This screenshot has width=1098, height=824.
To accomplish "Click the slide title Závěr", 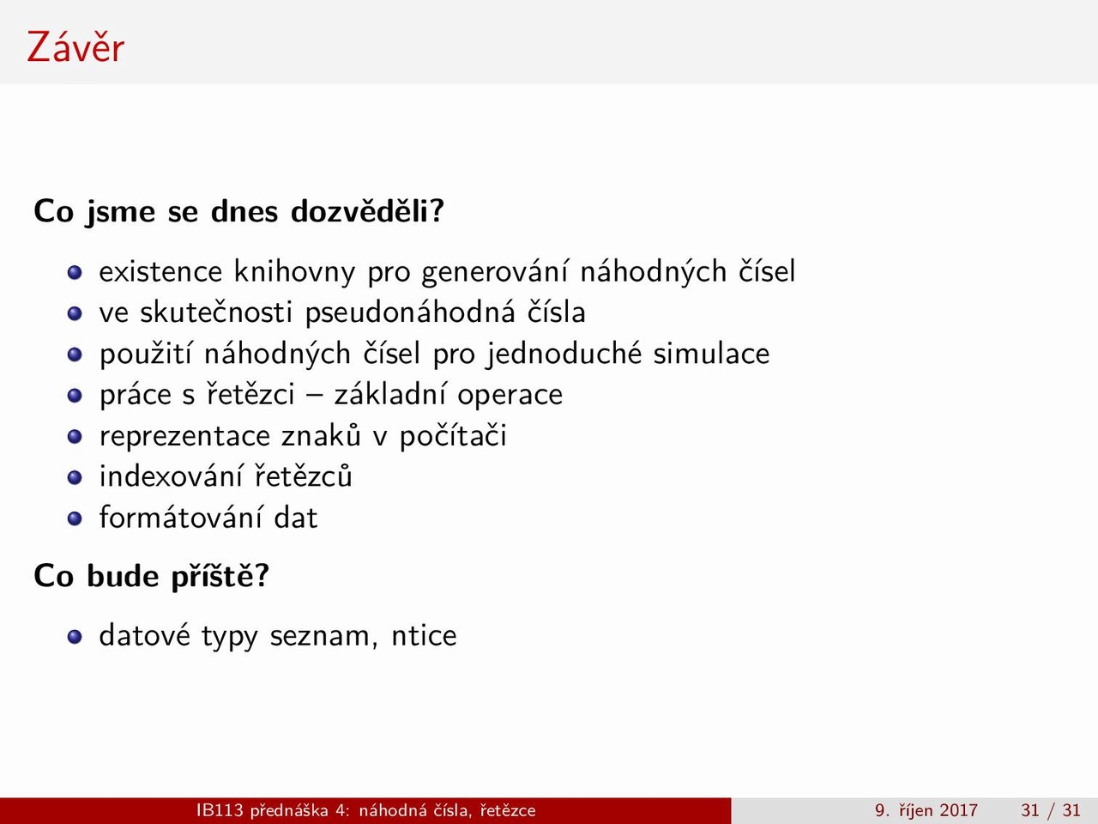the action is (75, 46).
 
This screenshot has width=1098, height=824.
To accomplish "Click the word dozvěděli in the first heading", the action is (367, 210).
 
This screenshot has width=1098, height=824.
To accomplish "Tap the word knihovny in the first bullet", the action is (294, 272).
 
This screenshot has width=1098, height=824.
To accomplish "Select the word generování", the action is (499, 272).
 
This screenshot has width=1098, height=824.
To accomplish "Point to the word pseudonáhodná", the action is (410, 313).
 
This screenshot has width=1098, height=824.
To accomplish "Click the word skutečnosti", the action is (215, 312).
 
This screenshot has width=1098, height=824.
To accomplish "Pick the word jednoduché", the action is (564, 354).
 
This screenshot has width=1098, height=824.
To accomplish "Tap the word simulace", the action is (711, 354).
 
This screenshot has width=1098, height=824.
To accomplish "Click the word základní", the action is (389, 394).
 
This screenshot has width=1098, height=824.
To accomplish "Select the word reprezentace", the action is (184, 436).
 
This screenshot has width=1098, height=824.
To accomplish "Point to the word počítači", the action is (453, 436).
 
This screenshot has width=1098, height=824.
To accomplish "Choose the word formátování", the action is (181, 518).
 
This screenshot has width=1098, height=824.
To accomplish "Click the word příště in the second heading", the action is (220, 576).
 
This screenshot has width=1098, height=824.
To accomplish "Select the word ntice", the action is (425, 635).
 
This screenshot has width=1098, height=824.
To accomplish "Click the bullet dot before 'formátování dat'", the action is (75, 518).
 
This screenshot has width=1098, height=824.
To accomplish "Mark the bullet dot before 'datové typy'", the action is (75, 637).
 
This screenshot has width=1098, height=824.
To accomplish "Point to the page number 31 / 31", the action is (1051, 810).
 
